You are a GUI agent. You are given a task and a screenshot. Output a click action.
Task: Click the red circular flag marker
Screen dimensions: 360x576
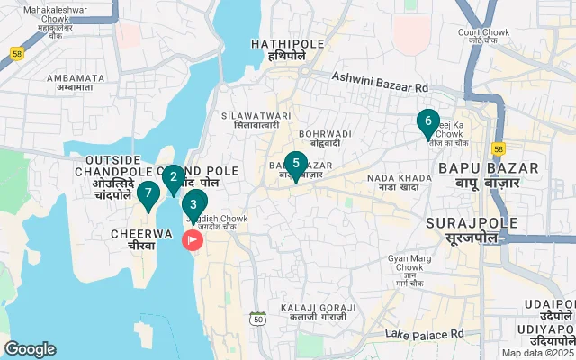tap(193, 240)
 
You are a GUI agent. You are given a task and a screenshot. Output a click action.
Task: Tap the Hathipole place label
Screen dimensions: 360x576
tap(279, 49)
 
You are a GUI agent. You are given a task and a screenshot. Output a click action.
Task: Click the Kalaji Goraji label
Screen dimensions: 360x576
tap(312, 312)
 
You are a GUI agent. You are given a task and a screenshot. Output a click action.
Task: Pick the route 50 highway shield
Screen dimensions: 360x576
tap(258, 319)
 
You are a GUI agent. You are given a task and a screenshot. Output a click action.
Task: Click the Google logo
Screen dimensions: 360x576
tap(30, 349)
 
